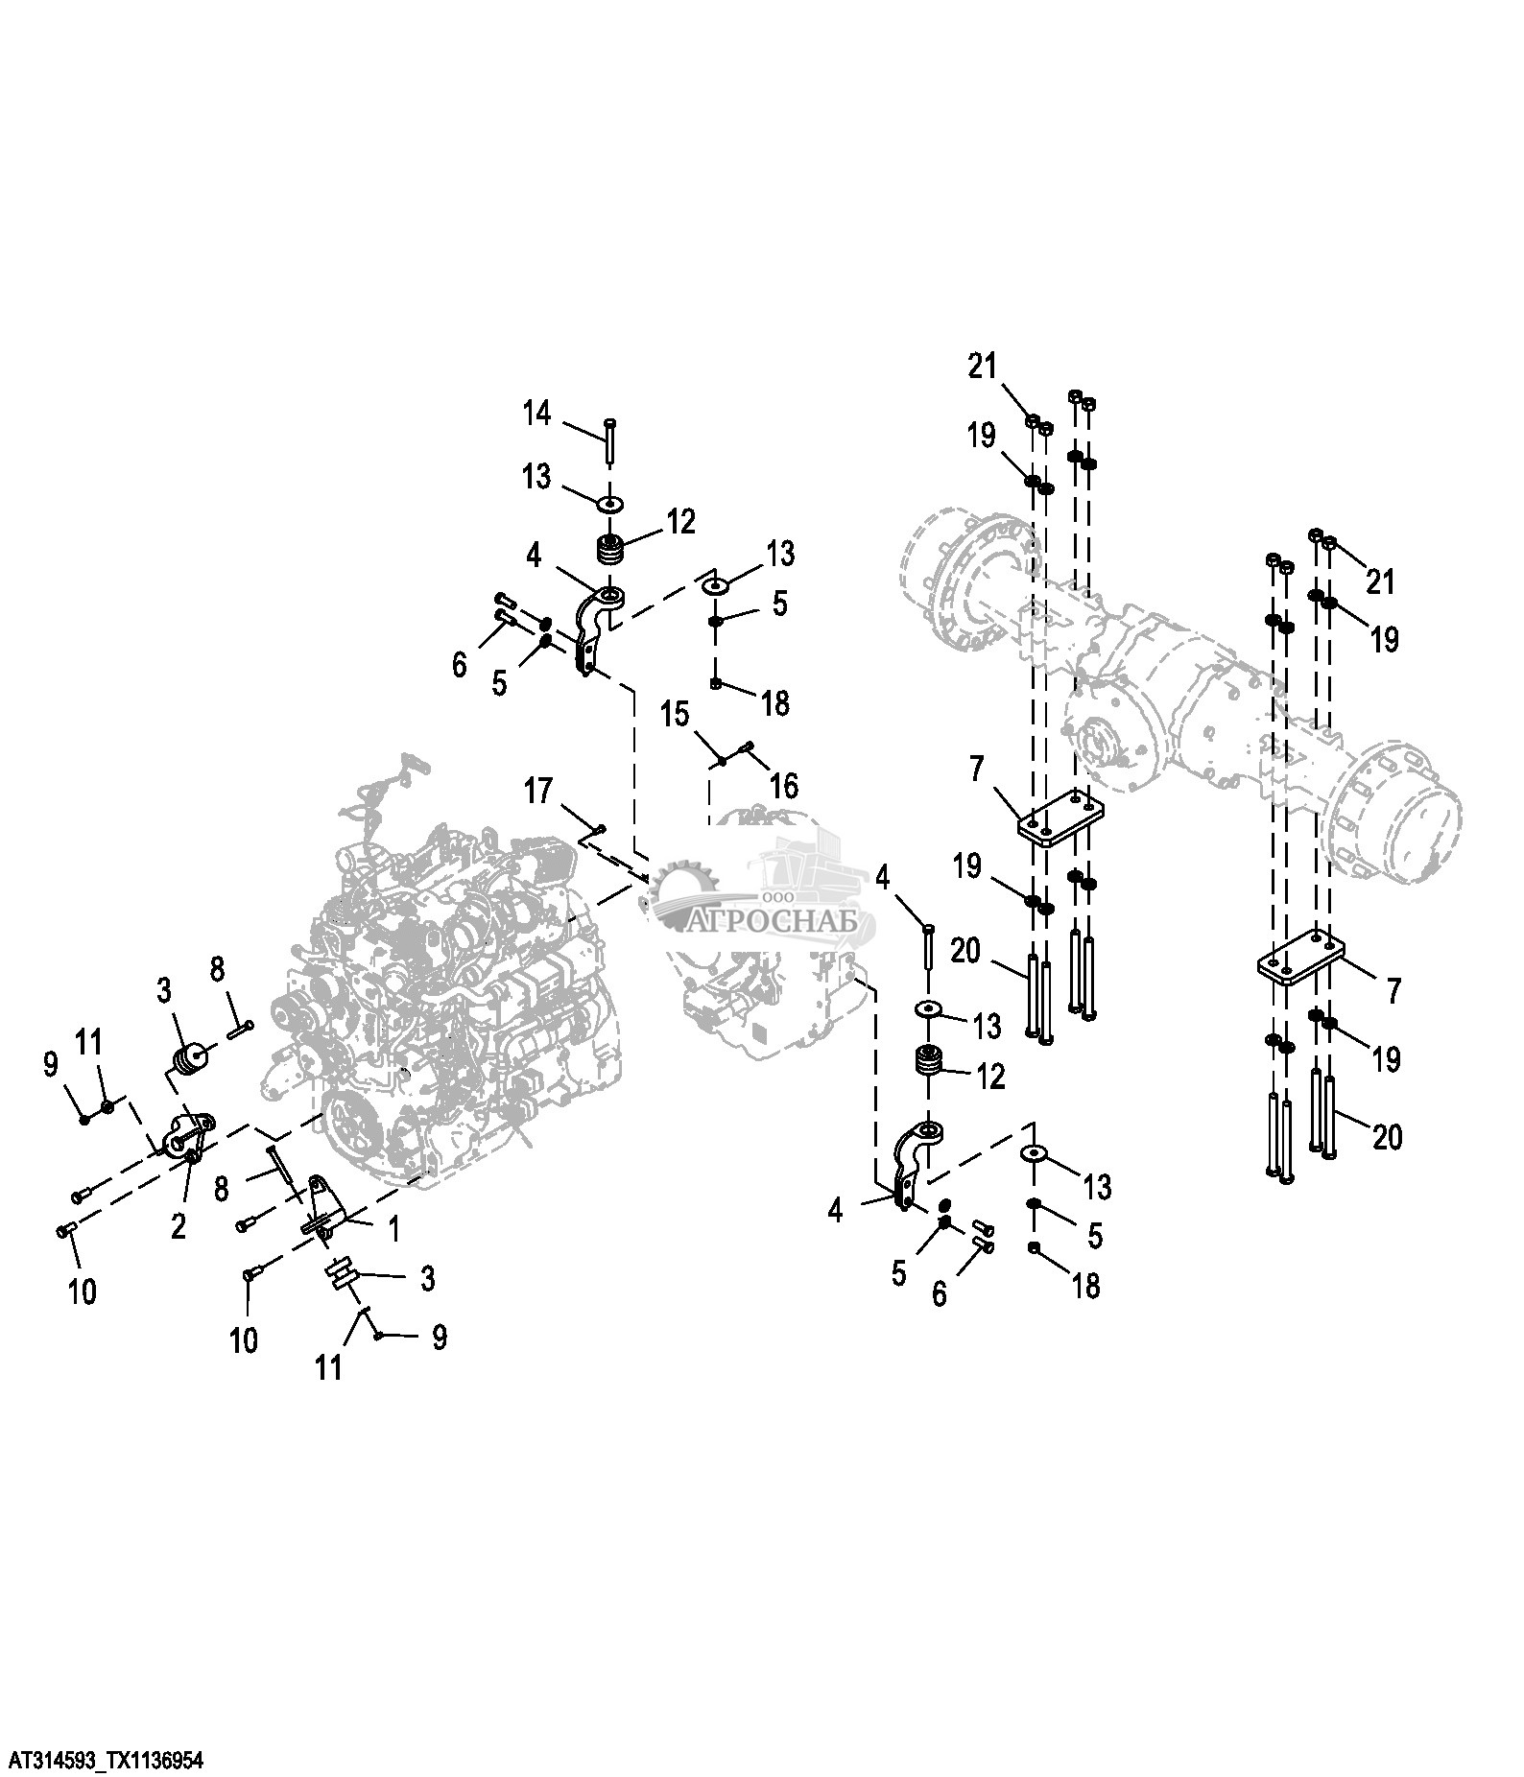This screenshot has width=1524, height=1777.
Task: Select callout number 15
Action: pos(675,714)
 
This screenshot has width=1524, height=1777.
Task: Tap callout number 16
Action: pos(783,786)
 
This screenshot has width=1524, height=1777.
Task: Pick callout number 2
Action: pos(179,1226)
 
